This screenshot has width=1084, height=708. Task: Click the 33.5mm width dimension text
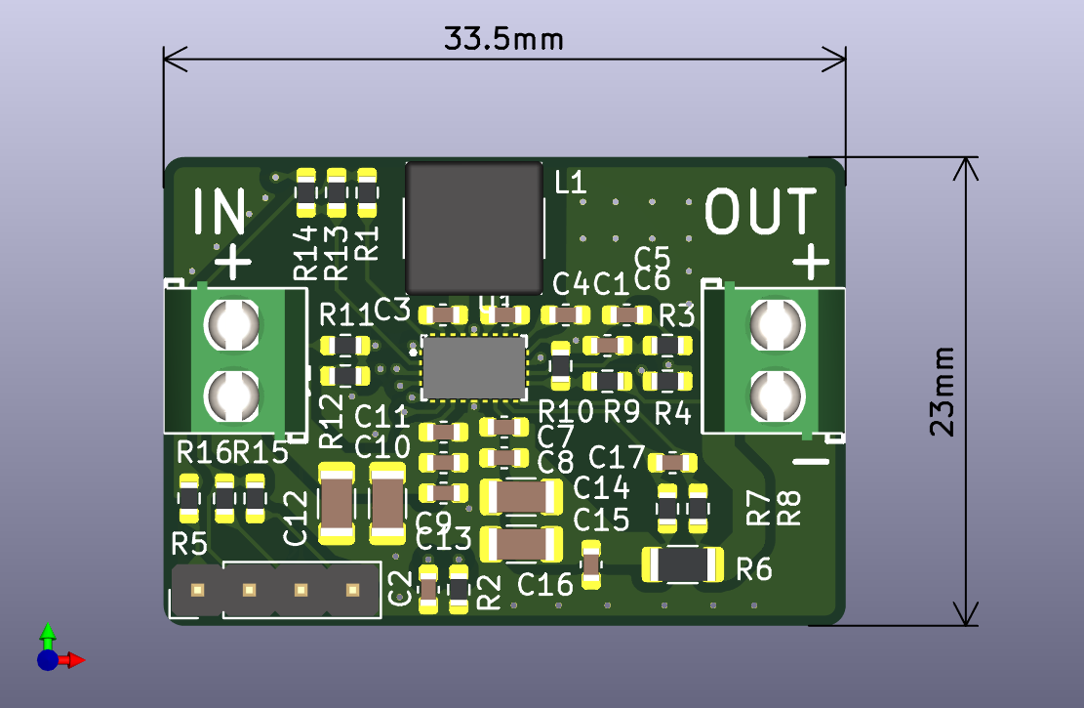click(503, 39)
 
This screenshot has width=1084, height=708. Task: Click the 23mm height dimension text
click(942, 391)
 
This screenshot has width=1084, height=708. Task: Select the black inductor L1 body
click(474, 228)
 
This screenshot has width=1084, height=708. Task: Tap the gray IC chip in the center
click(474, 366)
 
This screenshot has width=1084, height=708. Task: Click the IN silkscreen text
click(220, 212)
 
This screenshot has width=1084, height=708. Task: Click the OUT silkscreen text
click(761, 212)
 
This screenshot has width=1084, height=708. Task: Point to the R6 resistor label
click(754, 568)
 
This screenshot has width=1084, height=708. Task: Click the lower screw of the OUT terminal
click(776, 394)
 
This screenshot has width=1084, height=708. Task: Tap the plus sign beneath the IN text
click(232, 261)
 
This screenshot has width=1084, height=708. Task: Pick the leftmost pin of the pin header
click(197, 590)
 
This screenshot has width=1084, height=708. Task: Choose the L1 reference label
click(569, 182)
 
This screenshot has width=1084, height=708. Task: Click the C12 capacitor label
click(296, 518)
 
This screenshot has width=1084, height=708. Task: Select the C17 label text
click(617, 456)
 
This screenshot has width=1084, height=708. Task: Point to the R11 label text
click(346, 314)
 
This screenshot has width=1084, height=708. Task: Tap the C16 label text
click(545, 585)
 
